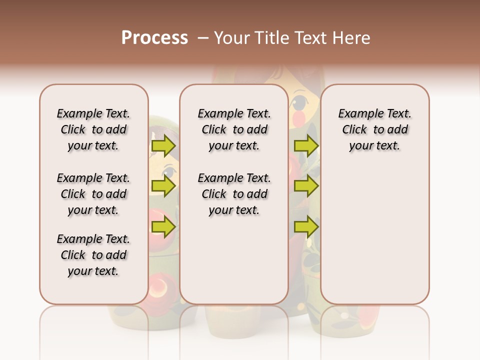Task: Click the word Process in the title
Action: click(154, 37)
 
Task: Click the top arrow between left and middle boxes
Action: click(163, 146)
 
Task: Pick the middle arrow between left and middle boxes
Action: click(163, 186)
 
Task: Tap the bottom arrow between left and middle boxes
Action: click(163, 227)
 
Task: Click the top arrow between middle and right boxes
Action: click(306, 146)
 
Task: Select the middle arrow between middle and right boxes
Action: click(306, 186)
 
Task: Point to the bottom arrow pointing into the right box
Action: click(306, 227)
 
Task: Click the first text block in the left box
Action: click(93, 129)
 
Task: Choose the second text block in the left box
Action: click(93, 194)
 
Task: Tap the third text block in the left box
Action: click(93, 255)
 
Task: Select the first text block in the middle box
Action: click(234, 129)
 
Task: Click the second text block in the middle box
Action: click(234, 194)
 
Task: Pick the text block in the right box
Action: click(374, 129)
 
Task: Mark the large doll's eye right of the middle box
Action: click(298, 103)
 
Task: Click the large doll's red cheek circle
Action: click(298, 118)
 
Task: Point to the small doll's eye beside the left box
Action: click(168, 173)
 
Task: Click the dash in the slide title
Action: click(203, 37)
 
